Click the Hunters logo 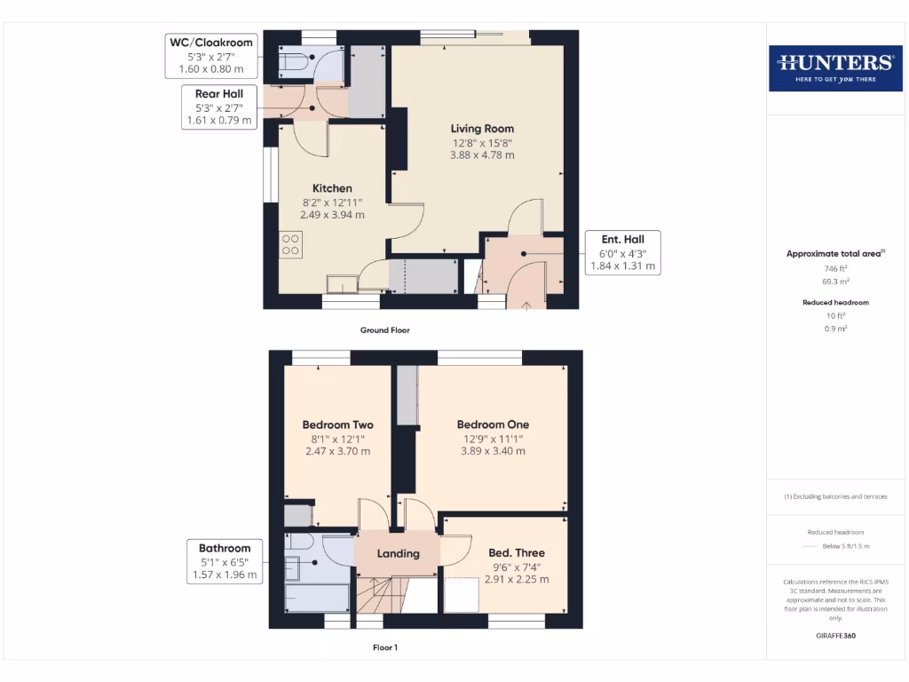tap(834, 67)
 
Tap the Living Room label tap(482, 129)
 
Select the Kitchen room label tap(332, 188)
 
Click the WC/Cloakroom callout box tap(210, 55)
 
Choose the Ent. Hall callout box tap(622, 252)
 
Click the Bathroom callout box tap(225, 561)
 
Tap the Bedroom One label tap(492, 424)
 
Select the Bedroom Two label tap(337, 424)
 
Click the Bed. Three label tap(517, 553)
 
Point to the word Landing tap(398, 553)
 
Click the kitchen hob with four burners tap(291, 244)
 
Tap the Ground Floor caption tap(384, 330)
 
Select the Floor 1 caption tap(384, 647)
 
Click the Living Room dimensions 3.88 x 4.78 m tap(482, 155)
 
